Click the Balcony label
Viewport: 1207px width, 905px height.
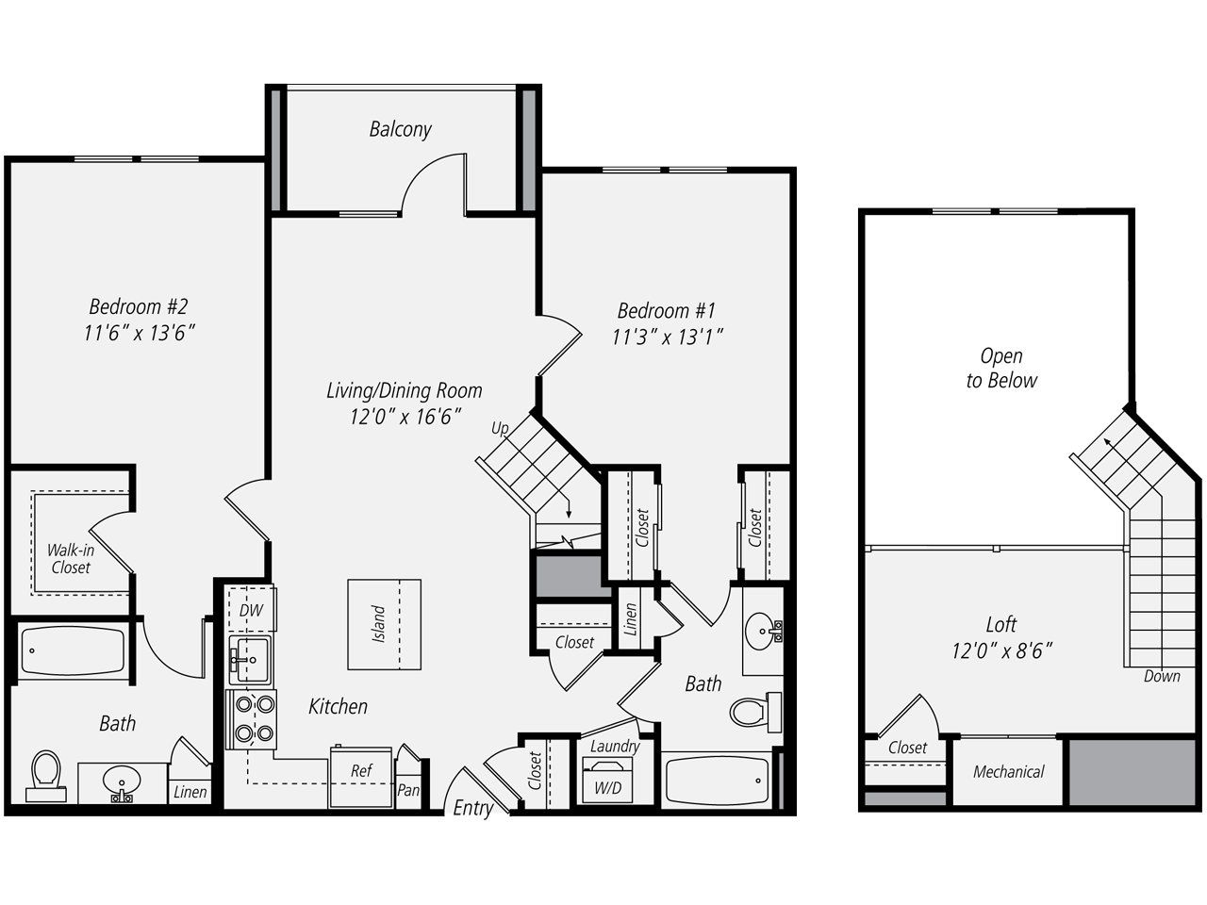[400, 129]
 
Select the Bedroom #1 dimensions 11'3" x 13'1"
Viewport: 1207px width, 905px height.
[667, 337]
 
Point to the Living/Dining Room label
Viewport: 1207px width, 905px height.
[404, 390]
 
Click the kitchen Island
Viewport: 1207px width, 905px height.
[384, 624]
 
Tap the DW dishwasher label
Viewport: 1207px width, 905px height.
[250, 611]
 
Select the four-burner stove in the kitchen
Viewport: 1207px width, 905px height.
[251, 718]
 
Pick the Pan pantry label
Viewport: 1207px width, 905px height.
[407, 790]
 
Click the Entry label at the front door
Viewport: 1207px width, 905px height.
[472, 808]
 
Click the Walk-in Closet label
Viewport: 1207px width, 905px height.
[71, 558]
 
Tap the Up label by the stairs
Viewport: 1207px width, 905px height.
[500, 429]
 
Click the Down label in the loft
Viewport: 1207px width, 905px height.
[1161, 676]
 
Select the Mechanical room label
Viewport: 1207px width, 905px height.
[1008, 772]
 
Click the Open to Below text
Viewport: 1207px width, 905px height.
[1000, 369]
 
